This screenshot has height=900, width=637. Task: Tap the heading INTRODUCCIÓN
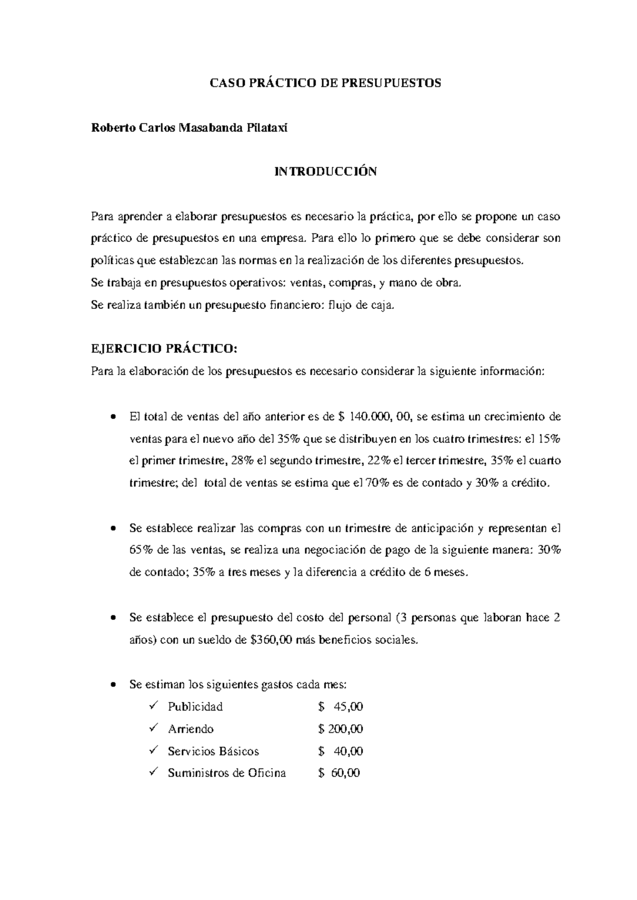point(325,171)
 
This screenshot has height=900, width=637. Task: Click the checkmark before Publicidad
point(154,706)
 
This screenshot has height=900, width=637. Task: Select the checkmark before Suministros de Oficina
point(154,773)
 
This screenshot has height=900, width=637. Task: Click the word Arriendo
point(191,729)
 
